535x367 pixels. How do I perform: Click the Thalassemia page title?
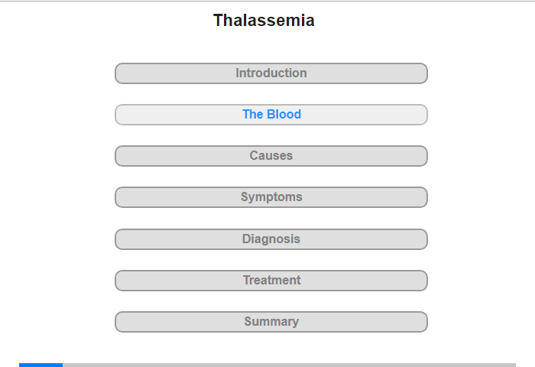coord(264,20)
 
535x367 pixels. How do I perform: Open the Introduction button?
coord(271,73)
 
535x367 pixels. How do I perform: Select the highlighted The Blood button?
coord(271,115)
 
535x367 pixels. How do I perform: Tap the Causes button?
coord(271,156)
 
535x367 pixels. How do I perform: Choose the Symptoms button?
coord(271,197)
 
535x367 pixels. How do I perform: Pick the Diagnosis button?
coord(271,239)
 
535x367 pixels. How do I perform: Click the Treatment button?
coord(271,281)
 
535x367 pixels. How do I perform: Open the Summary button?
coord(271,322)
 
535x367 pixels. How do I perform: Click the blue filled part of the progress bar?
coord(41,365)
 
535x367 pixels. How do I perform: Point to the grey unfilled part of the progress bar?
coord(290,365)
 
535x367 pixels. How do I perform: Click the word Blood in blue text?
coord(284,115)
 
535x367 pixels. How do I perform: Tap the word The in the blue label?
coord(253,115)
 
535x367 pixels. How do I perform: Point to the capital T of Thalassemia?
coord(218,21)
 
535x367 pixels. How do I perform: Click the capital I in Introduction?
coord(237,73)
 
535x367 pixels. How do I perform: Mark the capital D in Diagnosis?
coord(246,239)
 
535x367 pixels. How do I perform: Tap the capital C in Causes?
coord(255,156)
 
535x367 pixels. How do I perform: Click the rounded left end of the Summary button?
coord(118,322)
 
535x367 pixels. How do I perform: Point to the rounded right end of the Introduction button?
coord(424,73)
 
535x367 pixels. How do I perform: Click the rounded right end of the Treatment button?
coord(424,281)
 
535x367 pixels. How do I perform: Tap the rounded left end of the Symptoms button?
coord(118,197)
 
